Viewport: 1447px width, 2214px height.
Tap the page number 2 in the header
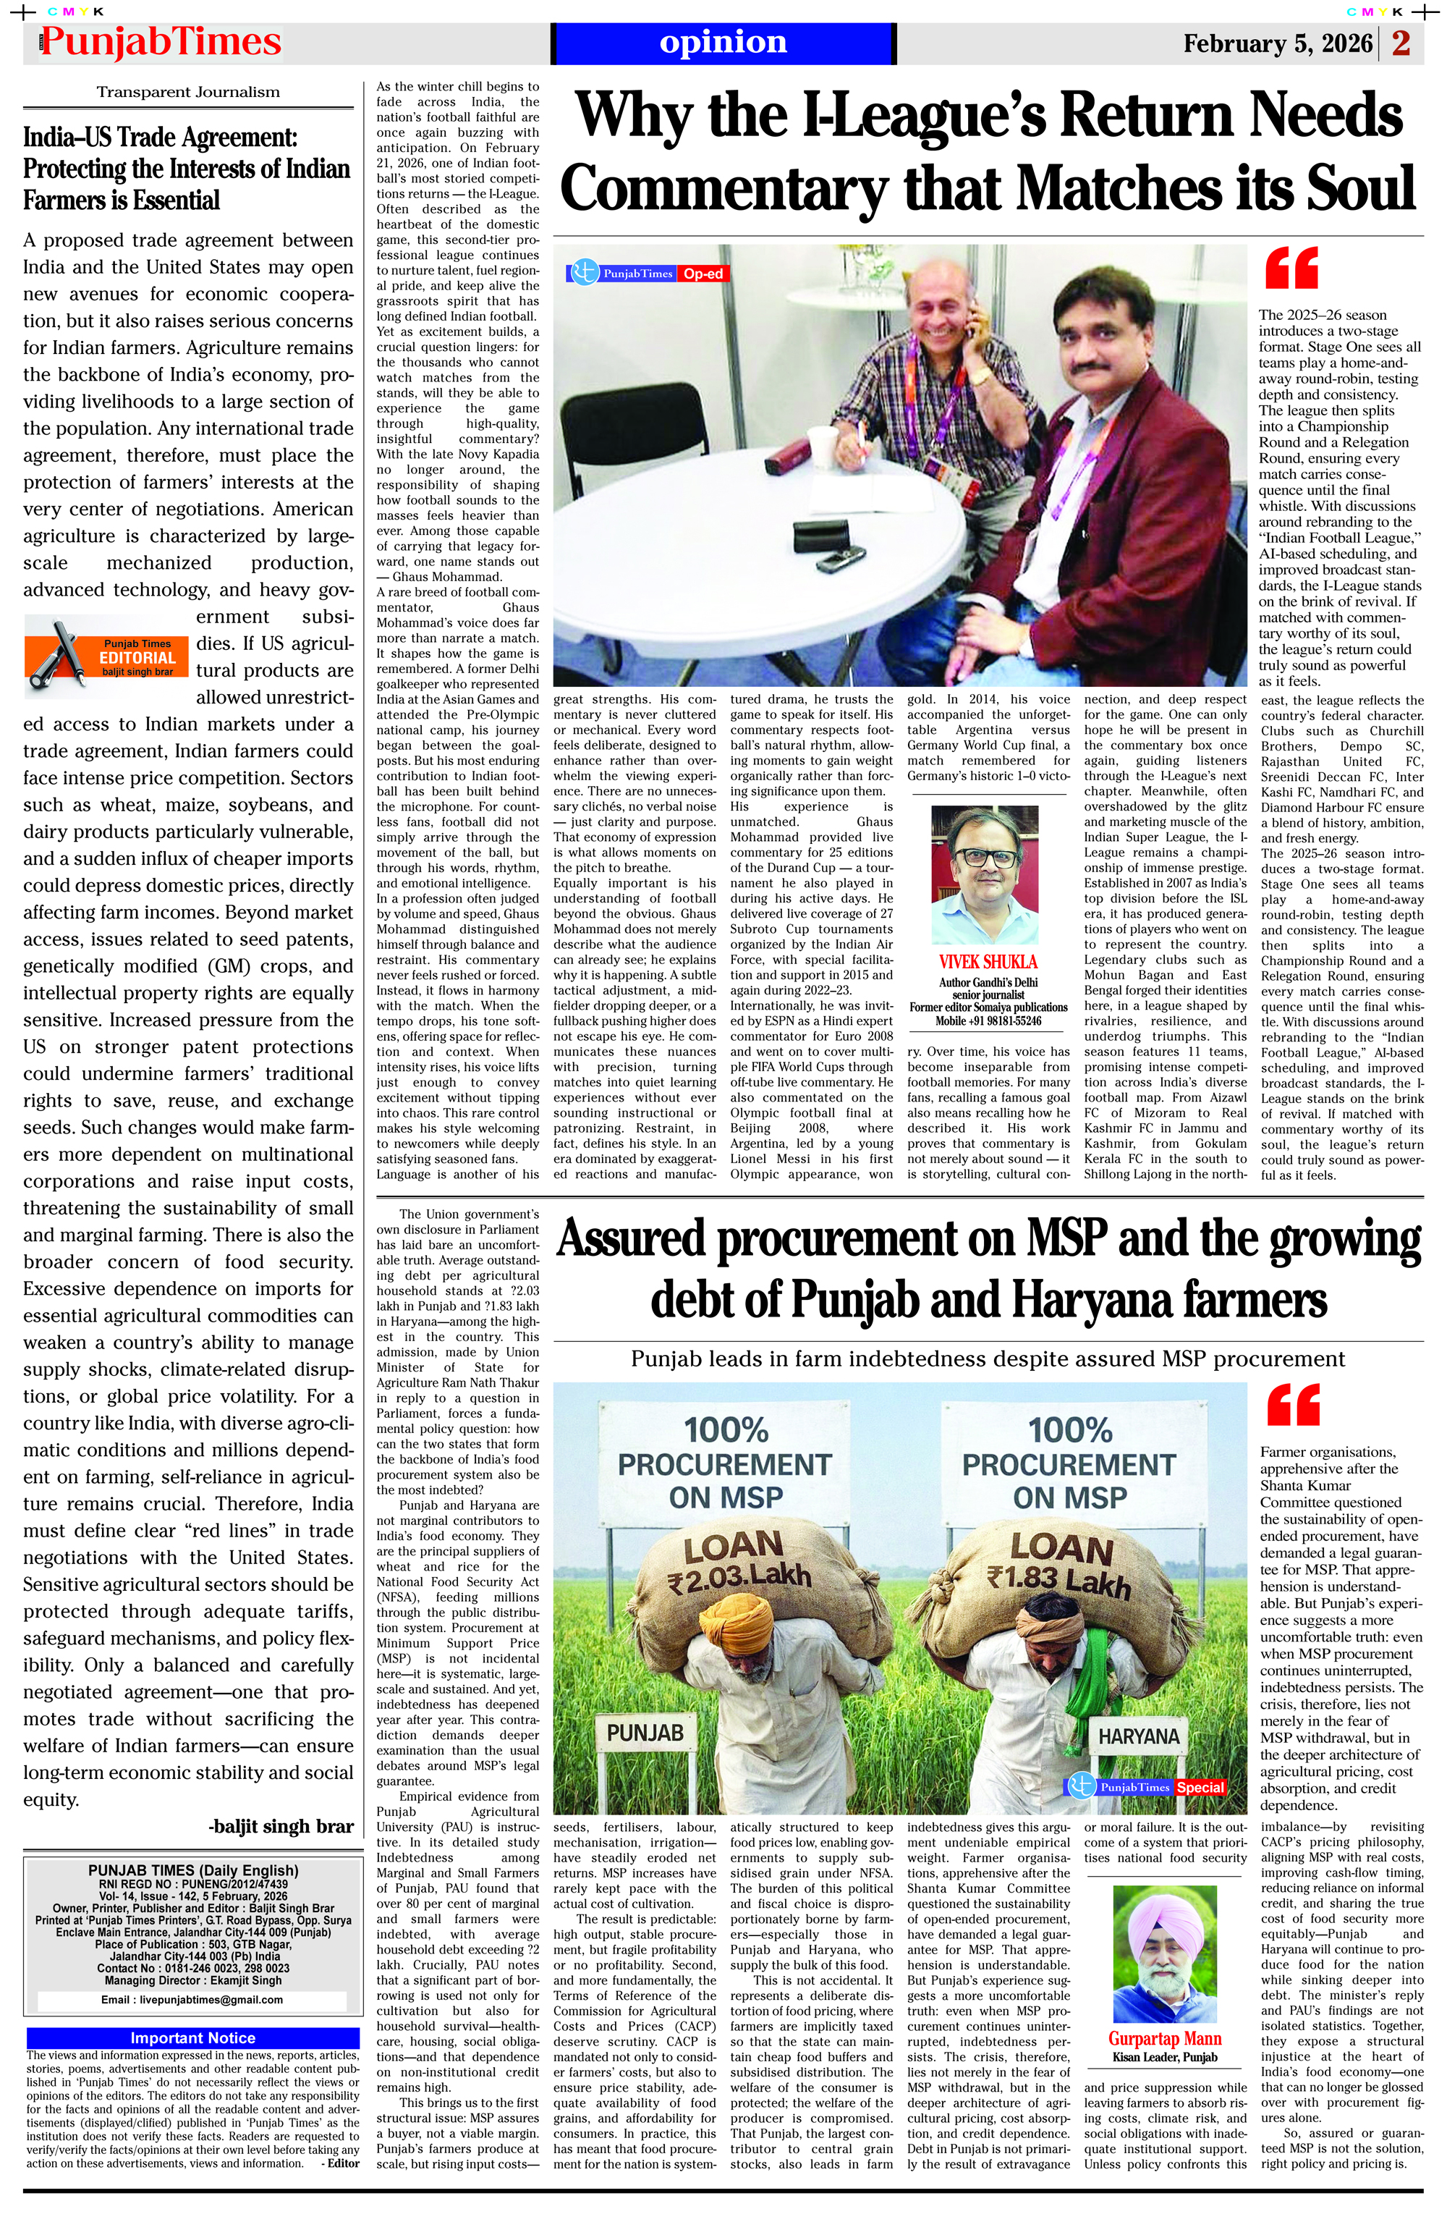1401,43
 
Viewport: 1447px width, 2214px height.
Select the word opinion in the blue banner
723,43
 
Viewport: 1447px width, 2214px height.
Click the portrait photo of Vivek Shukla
985,874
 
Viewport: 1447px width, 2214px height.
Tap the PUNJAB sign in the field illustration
645,1732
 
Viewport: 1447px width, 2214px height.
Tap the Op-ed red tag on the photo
703,274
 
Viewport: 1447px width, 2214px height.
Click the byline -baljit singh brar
281,1826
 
